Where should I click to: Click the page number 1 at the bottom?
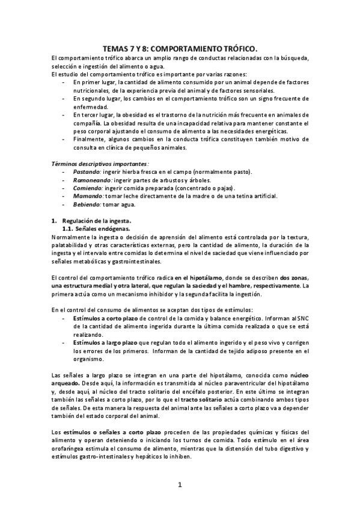click(x=180, y=484)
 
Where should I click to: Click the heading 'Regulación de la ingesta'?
click(x=96, y=221)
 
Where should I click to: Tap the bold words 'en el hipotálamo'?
click(x=198, y=277)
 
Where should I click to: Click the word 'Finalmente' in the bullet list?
click(x=89, y=138)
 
